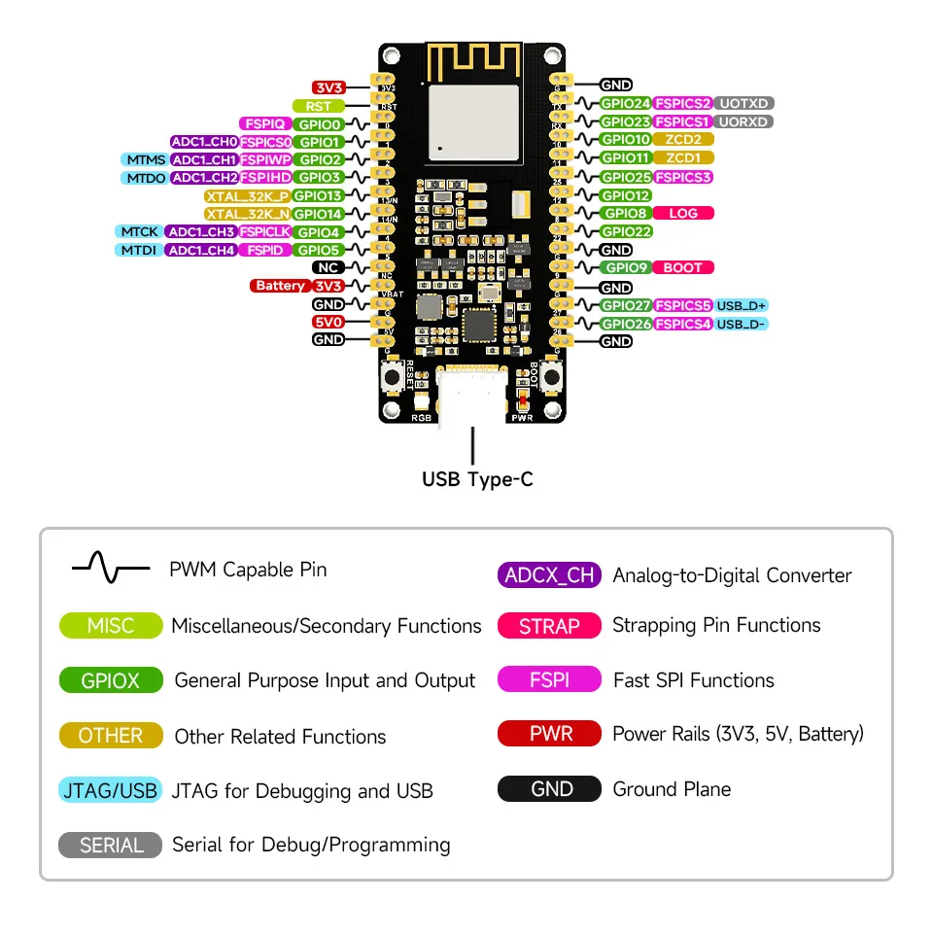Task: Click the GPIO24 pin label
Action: [x=625, y=103]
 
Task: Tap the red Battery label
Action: [x=280, y=286]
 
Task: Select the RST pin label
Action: [x=318, y=106]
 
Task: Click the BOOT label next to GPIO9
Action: [x=683, y=267]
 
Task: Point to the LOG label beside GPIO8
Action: [x=683, y=213]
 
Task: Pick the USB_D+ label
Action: [x=743, y=305]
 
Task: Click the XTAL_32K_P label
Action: [x=247, y=195]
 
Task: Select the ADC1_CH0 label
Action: [x=204, y=142]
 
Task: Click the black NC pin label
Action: [x=328, y=267]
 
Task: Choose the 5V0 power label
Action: [x=328, y=322]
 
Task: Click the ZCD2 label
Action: [x=683, y=140]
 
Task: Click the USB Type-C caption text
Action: [x=476, y=479]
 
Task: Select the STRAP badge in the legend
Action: [x=549, y=626]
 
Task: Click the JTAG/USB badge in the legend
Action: [x=110, y=790]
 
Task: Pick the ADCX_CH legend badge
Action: [x=549, y=574]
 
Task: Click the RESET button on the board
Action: [x=393, y=378]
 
